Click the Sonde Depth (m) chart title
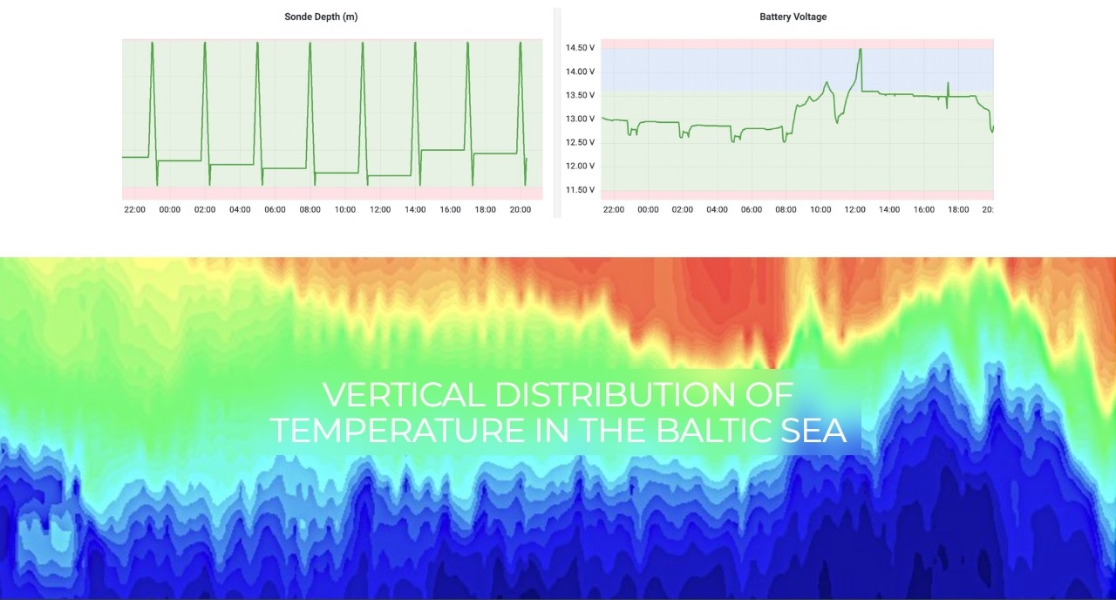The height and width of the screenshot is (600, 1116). [x=321, y=17]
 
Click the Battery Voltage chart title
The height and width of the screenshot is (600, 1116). [x=793, y=17]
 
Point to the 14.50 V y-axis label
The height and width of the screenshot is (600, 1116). [x=580, y=48]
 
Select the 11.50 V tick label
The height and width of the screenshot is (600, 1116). [x=580, y=190]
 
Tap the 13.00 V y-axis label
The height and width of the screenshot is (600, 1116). [x=580, y=119]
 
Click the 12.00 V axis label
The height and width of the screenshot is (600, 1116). [x=580, y=167]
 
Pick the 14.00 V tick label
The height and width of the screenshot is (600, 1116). [x=580, y=72]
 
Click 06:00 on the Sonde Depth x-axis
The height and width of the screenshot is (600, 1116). [x=275, y=210]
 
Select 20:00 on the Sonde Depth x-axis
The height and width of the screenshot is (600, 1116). [x=521, y=210]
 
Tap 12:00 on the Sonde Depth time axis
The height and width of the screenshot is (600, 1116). [x=380, y=210]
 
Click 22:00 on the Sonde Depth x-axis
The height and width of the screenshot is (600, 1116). [x=134, y=210]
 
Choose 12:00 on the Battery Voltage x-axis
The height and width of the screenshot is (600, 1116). [x=854, y=210]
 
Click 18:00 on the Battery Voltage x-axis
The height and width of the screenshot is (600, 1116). [x=958, y=210]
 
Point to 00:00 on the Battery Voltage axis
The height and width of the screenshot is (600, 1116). [x=648, y=210]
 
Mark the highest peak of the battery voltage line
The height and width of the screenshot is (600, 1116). [x=860, y=50]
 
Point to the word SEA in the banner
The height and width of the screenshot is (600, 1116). [x=813, y=430]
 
